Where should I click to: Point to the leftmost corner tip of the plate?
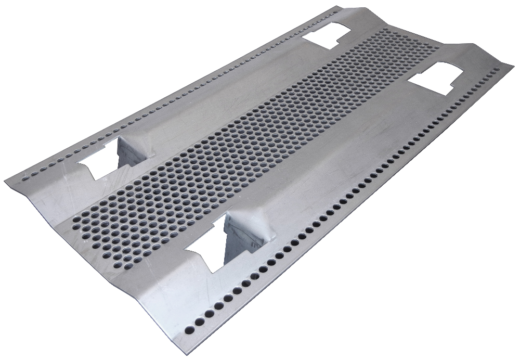pos(5,181)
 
